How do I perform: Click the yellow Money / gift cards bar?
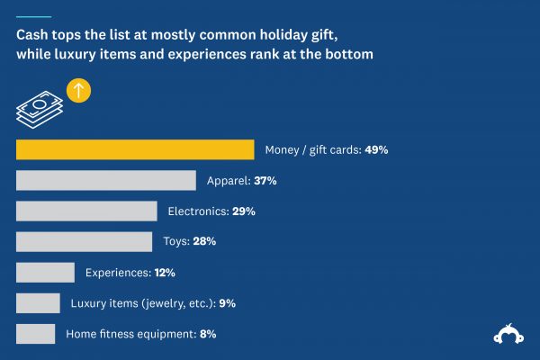click(x=135, y=149)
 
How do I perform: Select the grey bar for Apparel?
click(x=106, y=180)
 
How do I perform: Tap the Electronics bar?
click(x=86, y=211)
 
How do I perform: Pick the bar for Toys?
click(x=85, y=241)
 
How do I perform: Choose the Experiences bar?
click(x=45, y=272)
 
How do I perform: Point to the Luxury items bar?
click(x=38, y=302)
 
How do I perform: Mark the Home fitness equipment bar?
click(x=36, y=333)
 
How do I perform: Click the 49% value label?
click(x=376, y=150)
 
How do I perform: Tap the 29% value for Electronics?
click(x=244, y=211)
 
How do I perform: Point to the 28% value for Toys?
click(x=204, y=242)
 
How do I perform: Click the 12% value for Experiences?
click(x=163, y=273)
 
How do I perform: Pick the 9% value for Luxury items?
click(x=227, y=303)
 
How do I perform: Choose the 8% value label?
click(x=207, y=334)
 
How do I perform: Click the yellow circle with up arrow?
click(x=79, y=91)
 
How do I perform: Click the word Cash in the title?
click(x=32, y=37)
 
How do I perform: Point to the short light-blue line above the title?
click(x=33, y=16)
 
